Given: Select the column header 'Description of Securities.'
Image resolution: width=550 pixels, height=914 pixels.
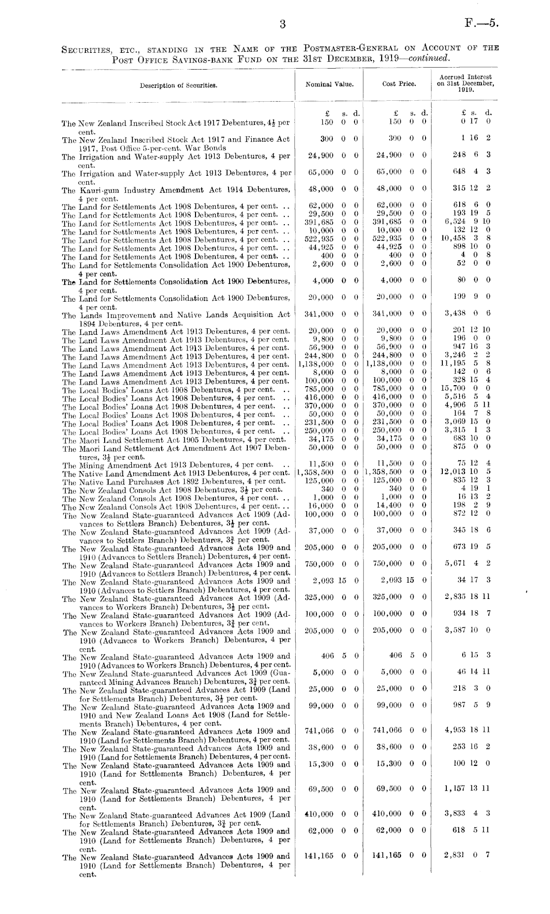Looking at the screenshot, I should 178,85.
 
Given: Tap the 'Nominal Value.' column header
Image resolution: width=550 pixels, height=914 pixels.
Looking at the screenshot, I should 329,84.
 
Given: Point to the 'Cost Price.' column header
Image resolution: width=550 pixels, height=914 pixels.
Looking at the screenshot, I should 399,84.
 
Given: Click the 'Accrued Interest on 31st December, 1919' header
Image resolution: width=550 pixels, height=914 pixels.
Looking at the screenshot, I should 465,84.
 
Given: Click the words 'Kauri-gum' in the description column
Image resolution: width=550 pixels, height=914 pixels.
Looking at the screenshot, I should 98,190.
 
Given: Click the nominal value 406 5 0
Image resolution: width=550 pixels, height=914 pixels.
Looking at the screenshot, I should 335,656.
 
